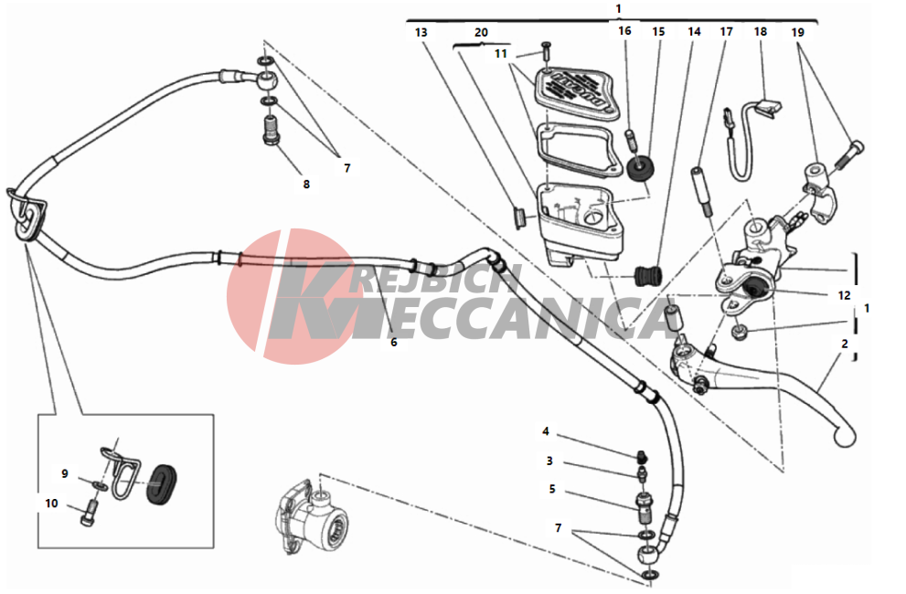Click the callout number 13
pos(421,32)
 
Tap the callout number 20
pos(481,32)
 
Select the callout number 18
pos(761,32)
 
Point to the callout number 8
pos(306,185)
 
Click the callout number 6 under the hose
pos(393,342)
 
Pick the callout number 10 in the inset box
pos(51,504)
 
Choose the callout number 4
pos(546,431)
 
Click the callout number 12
pos(844,295)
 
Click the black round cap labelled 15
pos(640,168)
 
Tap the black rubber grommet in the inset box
pos(160,483)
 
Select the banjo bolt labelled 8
pos(271,131)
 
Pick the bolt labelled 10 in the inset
pos(89,513)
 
